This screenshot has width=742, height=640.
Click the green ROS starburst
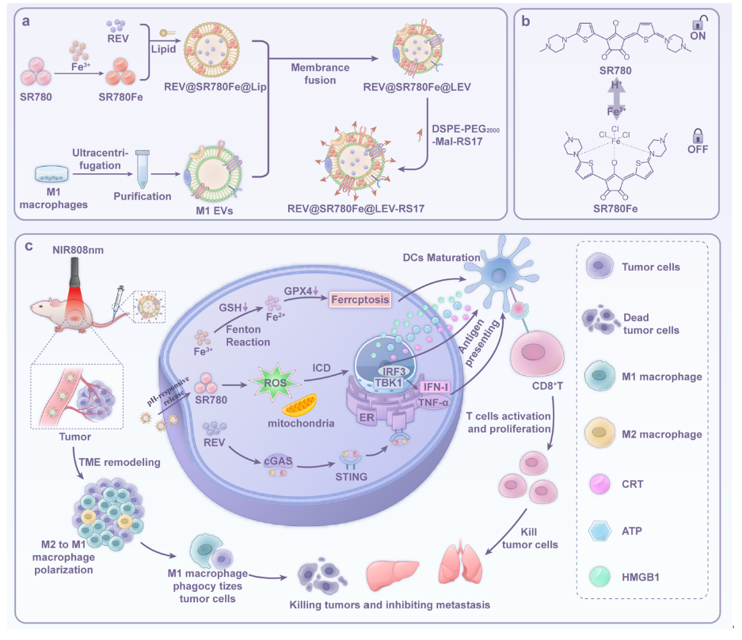tap(275, 382)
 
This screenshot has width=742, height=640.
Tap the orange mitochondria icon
tap(299, 405)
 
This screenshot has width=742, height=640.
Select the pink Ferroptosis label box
tap(360, 299)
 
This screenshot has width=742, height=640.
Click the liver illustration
tap(392, 574)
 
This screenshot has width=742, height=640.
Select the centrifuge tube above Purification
tap(143, 169)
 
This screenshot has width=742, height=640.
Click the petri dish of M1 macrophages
tap(51, 173)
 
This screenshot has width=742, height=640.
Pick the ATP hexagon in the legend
tap(600, 531)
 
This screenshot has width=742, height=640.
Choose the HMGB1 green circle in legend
tap(599, 577)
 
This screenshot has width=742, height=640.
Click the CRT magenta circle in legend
tap(599, 484)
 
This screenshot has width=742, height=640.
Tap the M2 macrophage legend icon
tap(599, 433)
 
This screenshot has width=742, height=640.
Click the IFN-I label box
tap(436, 387)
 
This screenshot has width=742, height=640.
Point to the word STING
tap(351, 476)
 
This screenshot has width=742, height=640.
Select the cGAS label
tap(278, 461)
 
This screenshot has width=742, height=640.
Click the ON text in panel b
tap(698, 36)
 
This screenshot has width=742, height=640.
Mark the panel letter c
tap(29, 246)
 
